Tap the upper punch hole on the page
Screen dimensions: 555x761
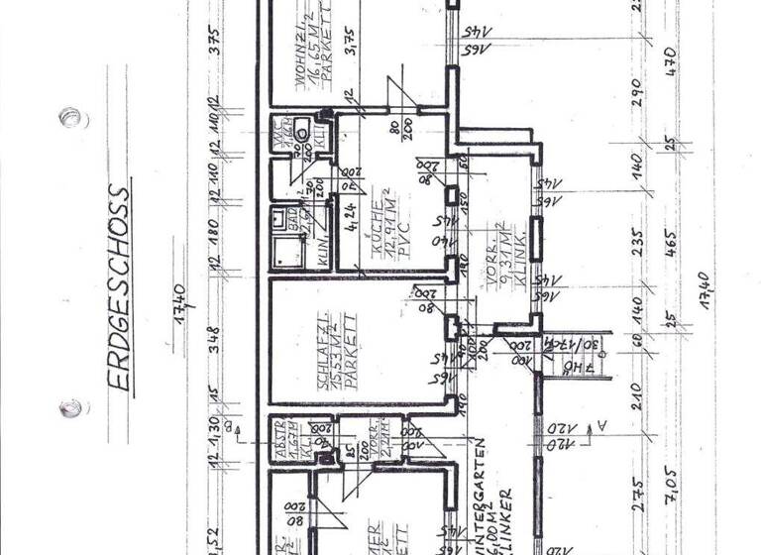coord(68,117)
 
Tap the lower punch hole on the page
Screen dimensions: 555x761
coord(69,407)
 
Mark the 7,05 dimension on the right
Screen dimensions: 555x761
coord(671,491)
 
